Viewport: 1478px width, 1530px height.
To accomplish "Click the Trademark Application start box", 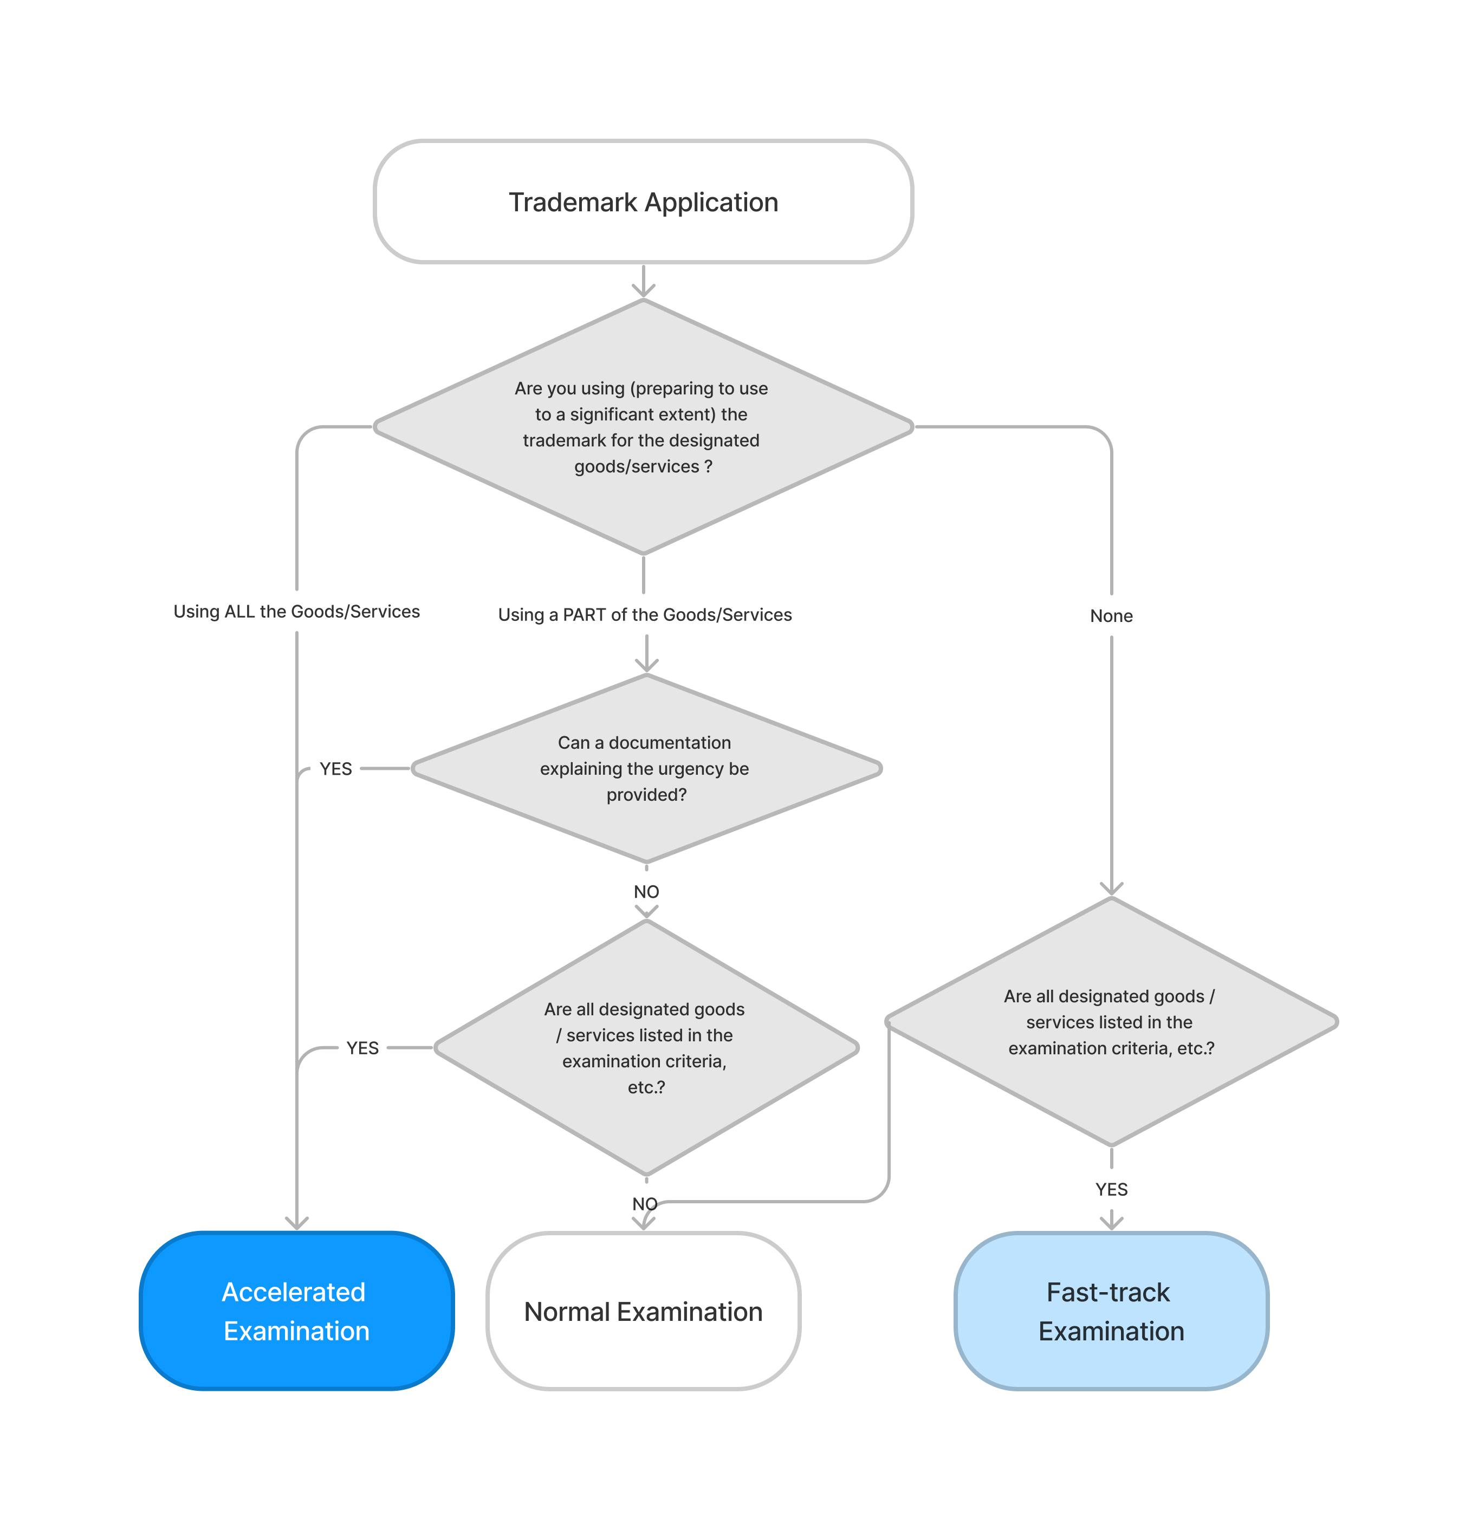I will (x=643, y=202).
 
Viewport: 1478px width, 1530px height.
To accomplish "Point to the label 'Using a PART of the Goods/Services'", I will (x=644, y=614).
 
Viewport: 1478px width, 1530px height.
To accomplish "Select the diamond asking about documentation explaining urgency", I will (x=646, y=768).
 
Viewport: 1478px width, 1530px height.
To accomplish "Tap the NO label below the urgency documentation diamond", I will (x=646, y=891).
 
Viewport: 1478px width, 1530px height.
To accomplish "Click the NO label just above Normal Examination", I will (x=644, y=1204).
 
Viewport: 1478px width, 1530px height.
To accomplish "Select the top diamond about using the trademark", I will (x=643, y=426).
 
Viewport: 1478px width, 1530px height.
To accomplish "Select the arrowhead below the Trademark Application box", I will (x=643, y=290).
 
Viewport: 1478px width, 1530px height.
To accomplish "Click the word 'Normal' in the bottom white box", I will (x=566, y=1312).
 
